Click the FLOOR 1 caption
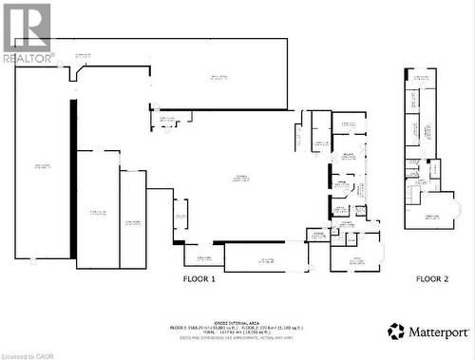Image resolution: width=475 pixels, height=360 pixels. pyautogui.click(x=199, y=279)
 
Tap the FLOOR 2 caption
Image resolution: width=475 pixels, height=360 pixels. pyautogui.click(x=432, y=279)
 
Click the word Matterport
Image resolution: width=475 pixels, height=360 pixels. pyautogui.click(x=438, y=332)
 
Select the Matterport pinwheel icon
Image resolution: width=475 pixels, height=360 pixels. pyautogui.click(x=396, y=332)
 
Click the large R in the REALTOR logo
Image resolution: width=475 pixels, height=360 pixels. pyautogui.click(x=28, y=27)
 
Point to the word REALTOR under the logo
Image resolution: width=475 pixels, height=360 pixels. pyautogui.click(x=27, y=58)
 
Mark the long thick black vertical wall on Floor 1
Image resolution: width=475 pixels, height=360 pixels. pyautogui.click(x=72, y=178)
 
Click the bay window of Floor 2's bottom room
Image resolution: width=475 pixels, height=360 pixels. pyautogui.click(x=457, y=210)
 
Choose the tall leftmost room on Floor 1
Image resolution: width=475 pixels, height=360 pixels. pyautogui.click(x=43, y=166)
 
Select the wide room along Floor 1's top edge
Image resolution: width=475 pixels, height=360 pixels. pyautogui.click(x=218, y=76)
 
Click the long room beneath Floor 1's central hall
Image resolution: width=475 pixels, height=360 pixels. pyautogui.click(x=266, y=257)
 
